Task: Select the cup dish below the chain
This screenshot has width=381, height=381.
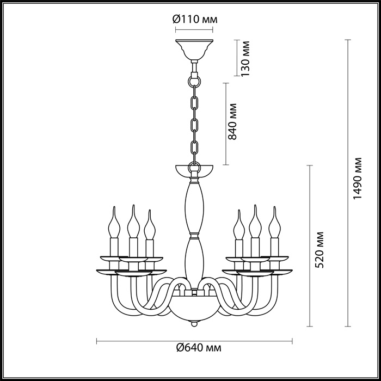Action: [194, 171]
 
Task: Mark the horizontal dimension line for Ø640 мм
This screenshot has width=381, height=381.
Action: [194, 341]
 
